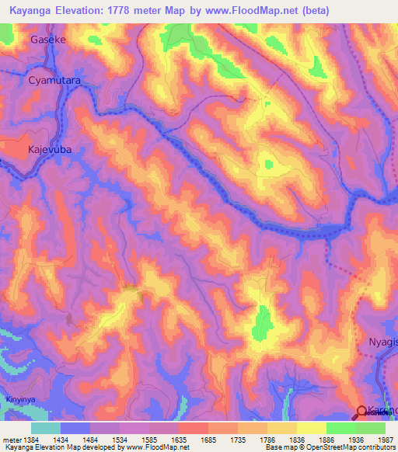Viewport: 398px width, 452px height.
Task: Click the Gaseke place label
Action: pos(48,38)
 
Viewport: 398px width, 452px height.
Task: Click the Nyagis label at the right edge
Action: pos(382,342)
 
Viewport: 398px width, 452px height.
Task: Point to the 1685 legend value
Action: pos(208,440)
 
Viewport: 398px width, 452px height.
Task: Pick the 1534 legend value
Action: pos(119,440)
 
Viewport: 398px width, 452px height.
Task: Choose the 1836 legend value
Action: pos(296,440)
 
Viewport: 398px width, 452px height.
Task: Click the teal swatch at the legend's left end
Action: pos(45,428)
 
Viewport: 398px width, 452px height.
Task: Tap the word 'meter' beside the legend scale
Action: pos(11,440)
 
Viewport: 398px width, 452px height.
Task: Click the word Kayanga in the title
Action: pos(31,11)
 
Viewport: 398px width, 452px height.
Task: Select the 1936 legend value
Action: pos(355,440)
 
